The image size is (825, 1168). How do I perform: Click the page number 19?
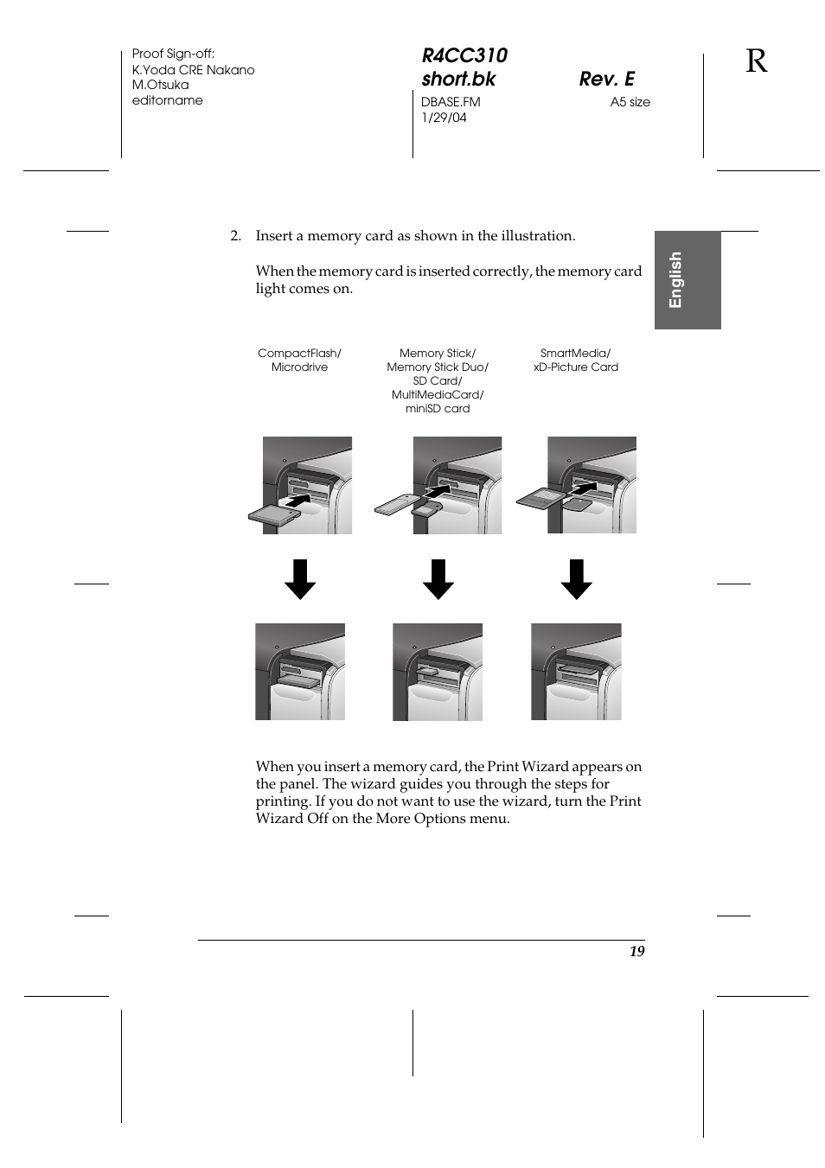tap(636, 951)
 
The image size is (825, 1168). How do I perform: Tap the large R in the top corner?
tap(756, 61)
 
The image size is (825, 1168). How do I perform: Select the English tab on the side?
tap(687, 279)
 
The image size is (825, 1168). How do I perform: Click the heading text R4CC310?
tap(464, 55)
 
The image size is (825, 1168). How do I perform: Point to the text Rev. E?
tap(606, 79)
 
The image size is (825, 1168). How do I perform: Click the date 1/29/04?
tap(444, 118)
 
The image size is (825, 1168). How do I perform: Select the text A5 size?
tap(630, 102)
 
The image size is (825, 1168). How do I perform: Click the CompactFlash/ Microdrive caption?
tap(299, 360)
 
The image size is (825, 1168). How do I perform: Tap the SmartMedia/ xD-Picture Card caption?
tap(575, 360)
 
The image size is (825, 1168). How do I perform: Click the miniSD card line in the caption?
tap(438, 408)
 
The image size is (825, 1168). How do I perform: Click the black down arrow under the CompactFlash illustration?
tap(300, 579)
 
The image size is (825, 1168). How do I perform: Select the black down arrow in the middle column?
tap(438, 579)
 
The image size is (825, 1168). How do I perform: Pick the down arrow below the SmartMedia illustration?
tap(576, 579)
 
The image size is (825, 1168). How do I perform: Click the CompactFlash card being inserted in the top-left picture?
tap(273, 514)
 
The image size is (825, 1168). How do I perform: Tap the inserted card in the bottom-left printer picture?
tap(297, 682)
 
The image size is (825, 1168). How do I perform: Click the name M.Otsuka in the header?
tap(160, 85)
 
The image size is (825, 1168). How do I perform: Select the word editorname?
tap(167, 100)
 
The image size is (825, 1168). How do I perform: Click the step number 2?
tap(234, 236)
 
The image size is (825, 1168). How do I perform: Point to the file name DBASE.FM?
tap(451, 102)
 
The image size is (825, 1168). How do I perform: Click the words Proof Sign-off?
tap(173, 54)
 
